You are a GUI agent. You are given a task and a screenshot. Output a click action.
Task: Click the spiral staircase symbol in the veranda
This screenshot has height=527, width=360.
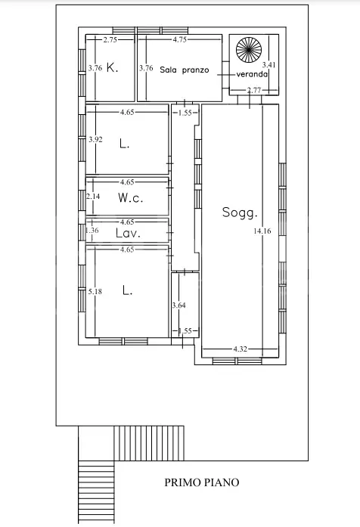[249, 50]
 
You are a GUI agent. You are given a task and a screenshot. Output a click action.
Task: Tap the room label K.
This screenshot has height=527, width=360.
[112, 68]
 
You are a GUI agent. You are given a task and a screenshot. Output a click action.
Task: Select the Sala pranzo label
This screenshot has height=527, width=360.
[185, 70]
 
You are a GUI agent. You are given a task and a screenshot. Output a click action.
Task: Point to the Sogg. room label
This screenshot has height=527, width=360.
[240, 212]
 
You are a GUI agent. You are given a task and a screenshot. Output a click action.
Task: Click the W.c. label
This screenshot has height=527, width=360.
[130, 197]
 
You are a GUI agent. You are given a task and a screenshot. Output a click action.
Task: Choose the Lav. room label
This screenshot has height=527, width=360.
[128, 233]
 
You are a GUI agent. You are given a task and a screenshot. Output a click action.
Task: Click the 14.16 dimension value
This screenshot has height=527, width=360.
[262, 231]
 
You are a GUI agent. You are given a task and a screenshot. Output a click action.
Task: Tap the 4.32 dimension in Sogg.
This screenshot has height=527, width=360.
[241, 349]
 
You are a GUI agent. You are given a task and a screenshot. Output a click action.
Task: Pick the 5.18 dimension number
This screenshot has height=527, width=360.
[95, 291]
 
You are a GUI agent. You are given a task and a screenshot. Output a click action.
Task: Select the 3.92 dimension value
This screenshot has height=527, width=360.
[95, 139]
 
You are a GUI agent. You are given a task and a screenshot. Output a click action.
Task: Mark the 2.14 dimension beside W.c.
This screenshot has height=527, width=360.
[93, 196]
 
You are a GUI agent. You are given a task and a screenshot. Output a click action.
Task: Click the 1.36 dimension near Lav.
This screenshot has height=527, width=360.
[92, 230]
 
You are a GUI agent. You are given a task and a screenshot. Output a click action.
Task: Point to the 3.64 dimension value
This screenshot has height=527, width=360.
[178, 305]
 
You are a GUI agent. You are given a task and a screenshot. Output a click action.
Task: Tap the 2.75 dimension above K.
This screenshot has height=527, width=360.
[110, 39]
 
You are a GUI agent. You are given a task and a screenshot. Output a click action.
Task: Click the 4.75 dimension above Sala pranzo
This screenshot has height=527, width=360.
[180, 39]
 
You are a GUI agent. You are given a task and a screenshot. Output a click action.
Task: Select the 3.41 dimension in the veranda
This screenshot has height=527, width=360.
[269, 64]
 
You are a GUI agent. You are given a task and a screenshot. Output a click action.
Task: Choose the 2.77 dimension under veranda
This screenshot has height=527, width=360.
[254, 90]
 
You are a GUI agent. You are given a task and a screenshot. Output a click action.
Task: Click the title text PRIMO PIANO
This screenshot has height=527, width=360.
[202, 482]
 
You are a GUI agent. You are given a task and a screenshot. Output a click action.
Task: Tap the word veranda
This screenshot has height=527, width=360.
[252, 74]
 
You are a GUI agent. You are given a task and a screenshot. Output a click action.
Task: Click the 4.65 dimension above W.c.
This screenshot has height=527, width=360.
[127, 182]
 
